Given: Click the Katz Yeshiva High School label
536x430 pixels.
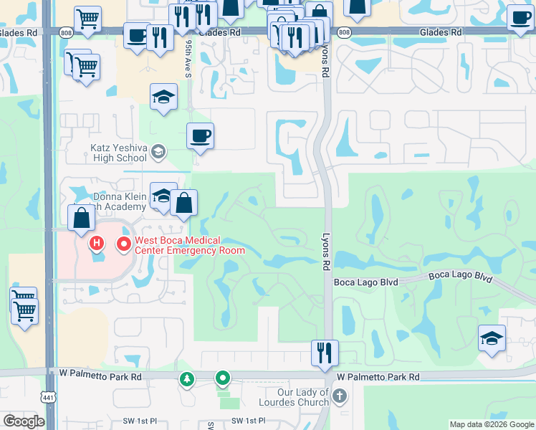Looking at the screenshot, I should pyautogui.click(x=118, y=153).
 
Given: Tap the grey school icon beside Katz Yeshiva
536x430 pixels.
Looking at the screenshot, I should pyautogui.click(x=158, y=151).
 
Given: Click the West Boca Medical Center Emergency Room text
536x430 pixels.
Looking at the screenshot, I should pyautogui.click(x=189, y=245).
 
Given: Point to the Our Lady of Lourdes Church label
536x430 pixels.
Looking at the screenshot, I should pyautogui.click(x=303, y=397).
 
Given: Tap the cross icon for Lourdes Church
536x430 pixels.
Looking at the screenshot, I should pyautogui.click(x=340, y=396).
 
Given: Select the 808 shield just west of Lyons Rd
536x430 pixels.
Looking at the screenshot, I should pyautogui.click(x=344, y=33).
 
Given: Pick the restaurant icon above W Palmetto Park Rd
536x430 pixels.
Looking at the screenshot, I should pyautogui.click(x=325, y=353).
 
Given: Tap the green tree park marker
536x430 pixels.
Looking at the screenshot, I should pyautogui.click(x=187, y=378).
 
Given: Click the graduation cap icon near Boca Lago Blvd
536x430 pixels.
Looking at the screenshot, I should pyautogui.click(x=492, y=338).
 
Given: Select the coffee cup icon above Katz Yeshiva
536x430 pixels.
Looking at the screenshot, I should pyautogui.click(x=201, y=135).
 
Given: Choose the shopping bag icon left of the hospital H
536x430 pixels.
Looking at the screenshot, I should pyautogui.click(x=82, y=217).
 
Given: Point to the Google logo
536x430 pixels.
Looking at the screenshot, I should pyautogui.click(x=24, y=421).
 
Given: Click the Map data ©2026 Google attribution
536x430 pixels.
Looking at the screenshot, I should pyautogui.click(x=491, y=424).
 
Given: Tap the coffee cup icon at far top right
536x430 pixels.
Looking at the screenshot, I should pyautogui.click(x=520, y=18).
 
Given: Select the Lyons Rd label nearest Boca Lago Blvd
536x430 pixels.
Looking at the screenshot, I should pyautogui.click(x=327, y=252).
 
